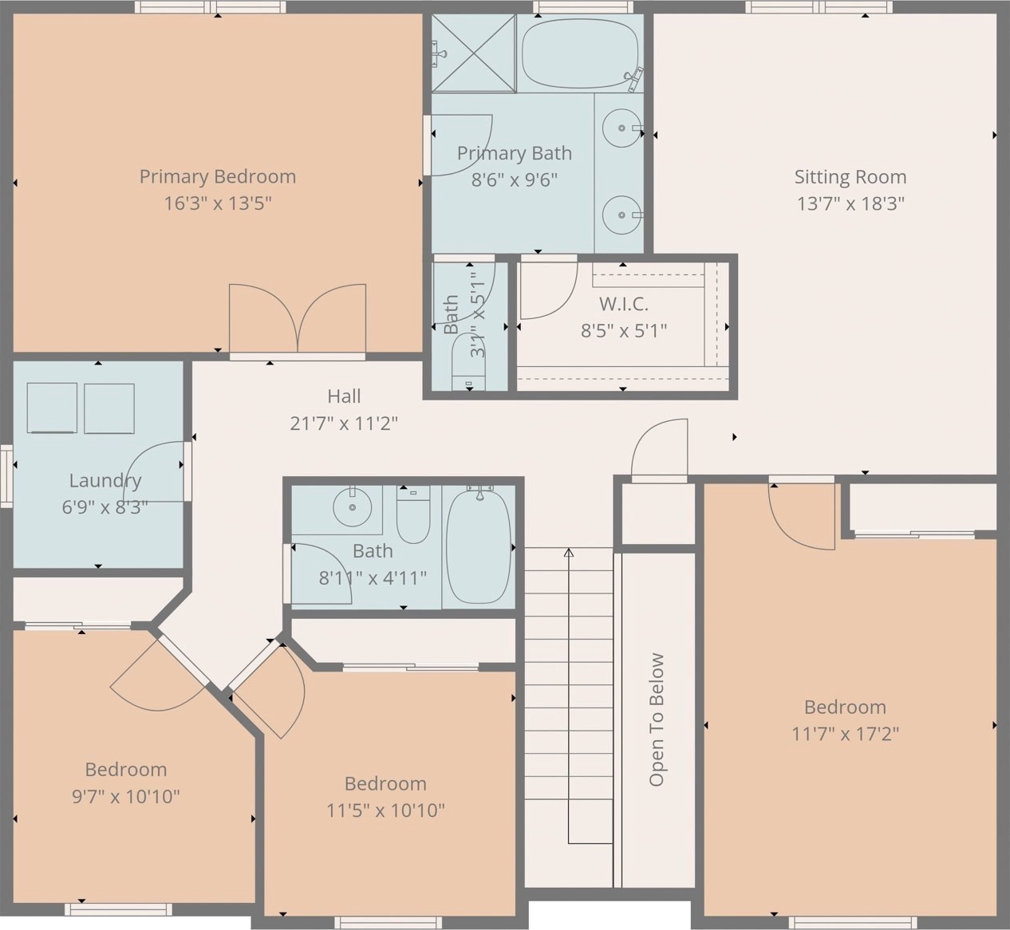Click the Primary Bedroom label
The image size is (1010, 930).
click(218, 177)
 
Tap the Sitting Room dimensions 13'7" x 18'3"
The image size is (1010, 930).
click(850, 204)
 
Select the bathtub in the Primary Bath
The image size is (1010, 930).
click(580, 54)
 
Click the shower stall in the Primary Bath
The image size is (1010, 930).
click(474, 53)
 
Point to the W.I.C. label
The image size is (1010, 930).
click(623, 304)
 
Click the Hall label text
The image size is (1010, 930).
click(345, 396)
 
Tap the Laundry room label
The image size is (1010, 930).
click(105, 481)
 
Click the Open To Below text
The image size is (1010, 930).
click(657, 720)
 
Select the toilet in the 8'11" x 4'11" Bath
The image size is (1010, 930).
click(413, 514)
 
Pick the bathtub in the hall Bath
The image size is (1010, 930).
click(479, 546)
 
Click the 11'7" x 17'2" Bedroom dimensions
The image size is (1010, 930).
click(846, 734)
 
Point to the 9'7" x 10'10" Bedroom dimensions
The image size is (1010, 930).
click(126, 797)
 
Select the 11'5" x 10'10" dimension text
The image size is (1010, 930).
click(385, 810)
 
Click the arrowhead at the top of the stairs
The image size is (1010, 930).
click(569, 553)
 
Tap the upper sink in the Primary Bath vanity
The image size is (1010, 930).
click(621, 128)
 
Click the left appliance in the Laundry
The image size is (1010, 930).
click(52, 408)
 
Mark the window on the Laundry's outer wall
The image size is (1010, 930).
click(6, 476)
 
